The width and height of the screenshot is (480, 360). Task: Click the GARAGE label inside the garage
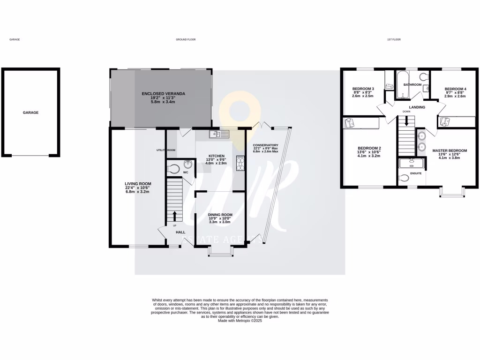[30, 112]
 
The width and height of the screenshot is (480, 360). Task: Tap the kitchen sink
[219, 135]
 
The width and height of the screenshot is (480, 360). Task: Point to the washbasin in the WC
[188, 164]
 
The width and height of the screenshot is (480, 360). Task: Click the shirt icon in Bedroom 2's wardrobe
[349, 123]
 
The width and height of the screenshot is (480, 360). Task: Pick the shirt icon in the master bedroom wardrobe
[445, 122]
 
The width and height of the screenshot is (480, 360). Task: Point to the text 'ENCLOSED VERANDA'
[163, 94]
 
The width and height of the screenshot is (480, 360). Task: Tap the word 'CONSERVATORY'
[265, 145]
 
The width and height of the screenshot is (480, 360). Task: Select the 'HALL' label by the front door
[180, 232]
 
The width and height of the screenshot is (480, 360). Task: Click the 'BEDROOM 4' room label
[455, 89]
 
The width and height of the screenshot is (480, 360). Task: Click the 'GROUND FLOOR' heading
[186, 40]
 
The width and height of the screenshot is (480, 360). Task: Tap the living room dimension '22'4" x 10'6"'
[137, 188]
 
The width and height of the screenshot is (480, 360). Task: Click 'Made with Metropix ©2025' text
[240, 321]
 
